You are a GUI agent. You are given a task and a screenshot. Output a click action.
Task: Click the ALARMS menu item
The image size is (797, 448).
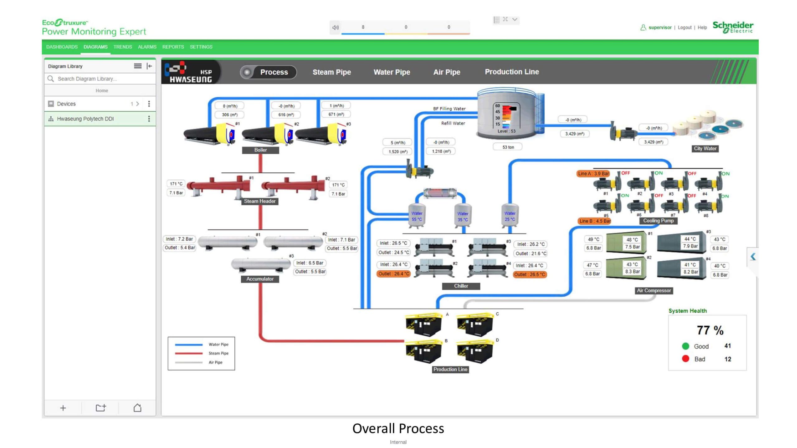click(147, 47)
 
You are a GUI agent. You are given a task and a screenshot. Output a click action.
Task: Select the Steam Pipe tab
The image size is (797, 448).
click(332, 72)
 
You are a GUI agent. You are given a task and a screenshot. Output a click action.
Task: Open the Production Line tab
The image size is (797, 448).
click(512, 72)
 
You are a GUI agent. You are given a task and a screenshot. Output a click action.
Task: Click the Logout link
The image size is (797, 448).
click(684, 27)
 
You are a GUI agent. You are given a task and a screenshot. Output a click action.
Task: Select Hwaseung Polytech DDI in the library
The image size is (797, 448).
click(85, 119)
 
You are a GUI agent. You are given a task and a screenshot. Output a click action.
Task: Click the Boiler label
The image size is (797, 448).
click(260, 150)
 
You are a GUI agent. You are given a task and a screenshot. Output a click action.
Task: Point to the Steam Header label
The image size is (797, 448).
click(260, 201)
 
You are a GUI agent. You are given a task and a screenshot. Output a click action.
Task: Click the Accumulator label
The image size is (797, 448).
click(260, 279)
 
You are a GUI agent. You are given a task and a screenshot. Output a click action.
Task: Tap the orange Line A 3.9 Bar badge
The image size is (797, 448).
click(593, 174)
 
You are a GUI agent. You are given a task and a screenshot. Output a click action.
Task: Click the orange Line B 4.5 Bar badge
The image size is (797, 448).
click(594, 221)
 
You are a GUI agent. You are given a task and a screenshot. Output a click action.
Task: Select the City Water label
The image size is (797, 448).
click(705, 149)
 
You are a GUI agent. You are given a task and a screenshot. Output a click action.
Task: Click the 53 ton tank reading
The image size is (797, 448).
click(508, 147)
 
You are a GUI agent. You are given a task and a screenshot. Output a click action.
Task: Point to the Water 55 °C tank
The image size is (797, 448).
click(417, 216)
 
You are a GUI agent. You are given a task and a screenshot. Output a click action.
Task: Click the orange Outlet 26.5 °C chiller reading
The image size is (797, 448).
click(529, 274)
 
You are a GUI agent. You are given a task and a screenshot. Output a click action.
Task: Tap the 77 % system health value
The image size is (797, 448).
click(710, 330)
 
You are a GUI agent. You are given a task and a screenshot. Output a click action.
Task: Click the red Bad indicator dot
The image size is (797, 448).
click(685, 359)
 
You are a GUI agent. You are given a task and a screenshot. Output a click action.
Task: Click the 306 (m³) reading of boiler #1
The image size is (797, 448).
click(229, 115)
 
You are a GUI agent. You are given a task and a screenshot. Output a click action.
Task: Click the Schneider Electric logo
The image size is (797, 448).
click(733, 27)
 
